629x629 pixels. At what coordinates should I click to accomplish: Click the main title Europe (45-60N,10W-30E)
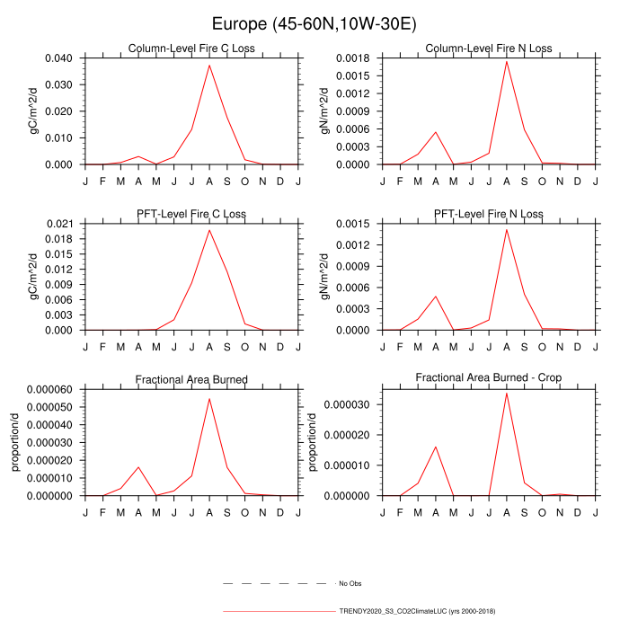click(314, 22)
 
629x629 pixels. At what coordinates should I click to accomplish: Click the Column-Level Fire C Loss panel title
click(191, 49)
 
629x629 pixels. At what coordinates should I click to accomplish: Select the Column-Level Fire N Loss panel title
click(489, 49)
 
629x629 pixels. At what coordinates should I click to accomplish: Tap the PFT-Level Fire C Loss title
click(191, 214)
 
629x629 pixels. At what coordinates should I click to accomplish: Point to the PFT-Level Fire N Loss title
click(489, 214)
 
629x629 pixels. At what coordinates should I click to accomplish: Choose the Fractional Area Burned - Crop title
click(489, 378)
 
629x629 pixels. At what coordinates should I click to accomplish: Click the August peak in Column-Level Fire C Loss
click(209, 65)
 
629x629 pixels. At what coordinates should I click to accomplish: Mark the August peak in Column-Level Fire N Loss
click(507, 61)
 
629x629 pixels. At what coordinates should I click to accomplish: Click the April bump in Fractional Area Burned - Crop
click(436, 447)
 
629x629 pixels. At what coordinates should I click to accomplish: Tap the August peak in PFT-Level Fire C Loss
click(209, 230)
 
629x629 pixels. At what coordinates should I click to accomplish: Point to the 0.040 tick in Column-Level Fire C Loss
click(62, 58)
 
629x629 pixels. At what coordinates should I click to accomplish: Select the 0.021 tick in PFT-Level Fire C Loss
click(62, 224)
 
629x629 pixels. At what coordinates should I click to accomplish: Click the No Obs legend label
click(350, 584)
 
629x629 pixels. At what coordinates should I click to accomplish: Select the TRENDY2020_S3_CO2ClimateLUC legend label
click(417, 611)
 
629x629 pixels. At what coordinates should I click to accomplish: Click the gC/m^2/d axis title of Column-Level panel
click(33, 111)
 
